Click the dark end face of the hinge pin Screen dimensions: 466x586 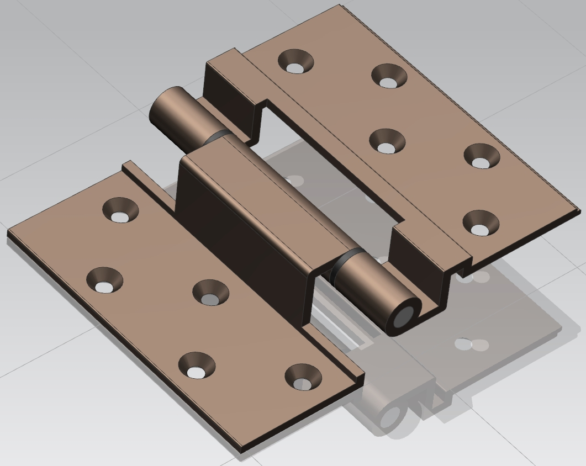point(405,317)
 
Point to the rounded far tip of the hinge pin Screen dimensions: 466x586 point(160,108)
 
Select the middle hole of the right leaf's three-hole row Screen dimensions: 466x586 point(387,141)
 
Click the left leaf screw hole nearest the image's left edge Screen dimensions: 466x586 point(104,280)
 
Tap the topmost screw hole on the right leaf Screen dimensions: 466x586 point(295,61)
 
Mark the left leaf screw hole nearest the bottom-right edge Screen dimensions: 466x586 point(303,377)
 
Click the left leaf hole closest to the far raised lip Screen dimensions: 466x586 point(120,210)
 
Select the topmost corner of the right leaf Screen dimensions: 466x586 point(339,7)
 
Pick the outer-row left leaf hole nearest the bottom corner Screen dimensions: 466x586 point(196,366)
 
